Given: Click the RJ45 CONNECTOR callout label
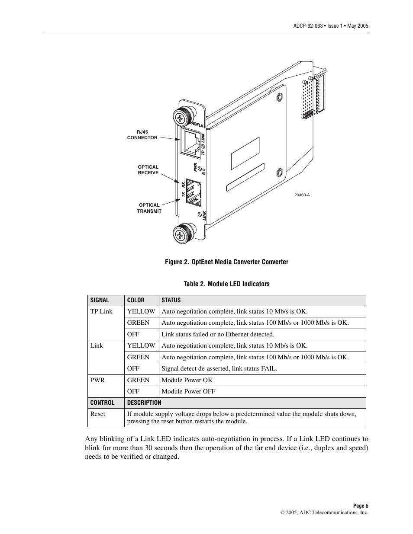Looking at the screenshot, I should pyautogui.click(x=142, y=135).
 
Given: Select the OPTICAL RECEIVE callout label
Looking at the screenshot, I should pyautogui.click(x=148, y=170).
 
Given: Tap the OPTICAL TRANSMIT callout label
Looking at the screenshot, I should pyautogui.click(x=149, y=208).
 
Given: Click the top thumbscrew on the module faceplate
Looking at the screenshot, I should pyautogui.click(x=182, y=116).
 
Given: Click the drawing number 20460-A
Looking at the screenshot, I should pyautogui.click(x=302, y=195).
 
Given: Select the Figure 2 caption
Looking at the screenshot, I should pyautogui.click(x=226, y=262).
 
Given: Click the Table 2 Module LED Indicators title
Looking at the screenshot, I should pyautogui.click(x=226, y=284).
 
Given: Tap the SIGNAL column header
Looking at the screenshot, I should pyautogui.click(x=100, y=300).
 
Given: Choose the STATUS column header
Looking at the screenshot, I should pyautogui.click(x=171, y=300).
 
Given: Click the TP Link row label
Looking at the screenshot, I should pyautogui.click(x=101, y=311).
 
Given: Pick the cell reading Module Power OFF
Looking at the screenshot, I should pyautogui.click(x=188, y=391).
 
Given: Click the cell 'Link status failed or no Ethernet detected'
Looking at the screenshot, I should pyautogui.click(x=217, y=334).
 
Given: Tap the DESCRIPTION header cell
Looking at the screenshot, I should pyautogui.click(x=144, y=403).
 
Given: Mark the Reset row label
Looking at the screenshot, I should pyautogui.click(x=97, y=414).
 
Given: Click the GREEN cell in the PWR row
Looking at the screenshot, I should pyautogui.click(x=138, y=380).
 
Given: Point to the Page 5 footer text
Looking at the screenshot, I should pyautogui.click(x=360, y=506).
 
